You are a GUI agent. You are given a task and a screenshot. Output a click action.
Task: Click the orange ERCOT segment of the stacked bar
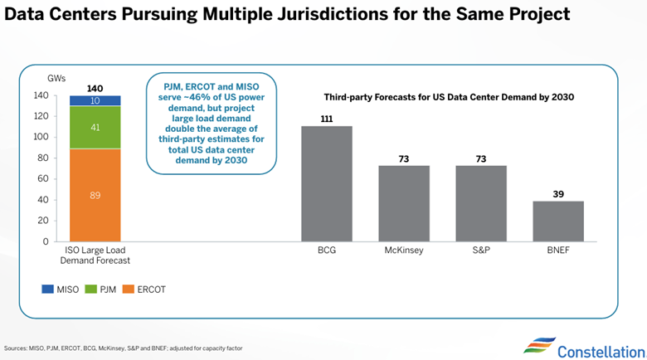click(95, 195)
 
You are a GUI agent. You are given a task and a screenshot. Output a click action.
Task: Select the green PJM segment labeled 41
click(95, 128)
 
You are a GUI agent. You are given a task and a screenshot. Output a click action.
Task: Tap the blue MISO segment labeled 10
click(95, 100)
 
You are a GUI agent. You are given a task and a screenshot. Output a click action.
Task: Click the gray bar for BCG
click(326, 183)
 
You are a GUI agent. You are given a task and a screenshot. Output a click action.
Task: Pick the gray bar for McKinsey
click(404, 203)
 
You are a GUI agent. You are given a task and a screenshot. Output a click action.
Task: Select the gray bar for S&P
click(481, 203)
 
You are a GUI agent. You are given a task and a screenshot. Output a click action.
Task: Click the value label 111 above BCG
click(326, 119)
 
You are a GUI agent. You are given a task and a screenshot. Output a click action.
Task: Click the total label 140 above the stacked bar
click(95, 87)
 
